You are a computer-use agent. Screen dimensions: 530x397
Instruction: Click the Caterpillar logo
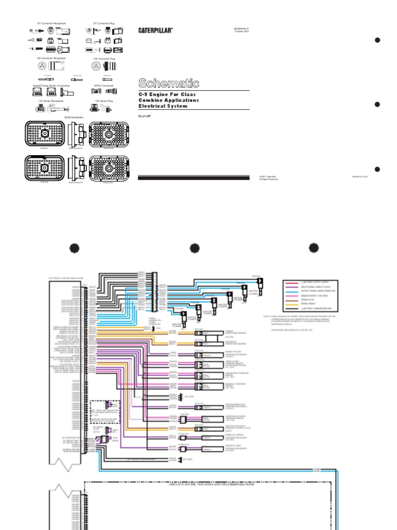click(155, 31)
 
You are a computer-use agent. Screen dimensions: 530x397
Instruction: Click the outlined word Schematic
click(169, 83)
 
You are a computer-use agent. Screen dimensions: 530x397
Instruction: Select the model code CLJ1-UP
click(144, 116)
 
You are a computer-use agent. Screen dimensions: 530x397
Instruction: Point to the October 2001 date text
click(242, 31)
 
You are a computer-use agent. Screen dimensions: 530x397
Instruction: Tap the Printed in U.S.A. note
click(359, 177)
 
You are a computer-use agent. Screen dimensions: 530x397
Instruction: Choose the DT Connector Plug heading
click(104, 23)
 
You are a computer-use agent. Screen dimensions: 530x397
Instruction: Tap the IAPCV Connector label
click(104, 85)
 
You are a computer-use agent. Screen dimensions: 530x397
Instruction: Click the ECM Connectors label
click(73, 117)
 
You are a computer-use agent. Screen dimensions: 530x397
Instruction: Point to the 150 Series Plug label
click(104, 101)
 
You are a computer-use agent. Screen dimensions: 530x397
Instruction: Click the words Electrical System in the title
click(163, 106)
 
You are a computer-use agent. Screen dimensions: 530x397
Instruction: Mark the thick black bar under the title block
click(193, 178)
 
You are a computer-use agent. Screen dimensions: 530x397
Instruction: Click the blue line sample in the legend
click(292, 292)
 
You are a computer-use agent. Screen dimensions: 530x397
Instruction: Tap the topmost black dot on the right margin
click(377, 40)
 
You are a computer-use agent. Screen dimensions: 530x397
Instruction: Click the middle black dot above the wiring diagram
click(194, 248)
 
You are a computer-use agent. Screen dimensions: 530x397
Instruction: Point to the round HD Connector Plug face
click(96, 67)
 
